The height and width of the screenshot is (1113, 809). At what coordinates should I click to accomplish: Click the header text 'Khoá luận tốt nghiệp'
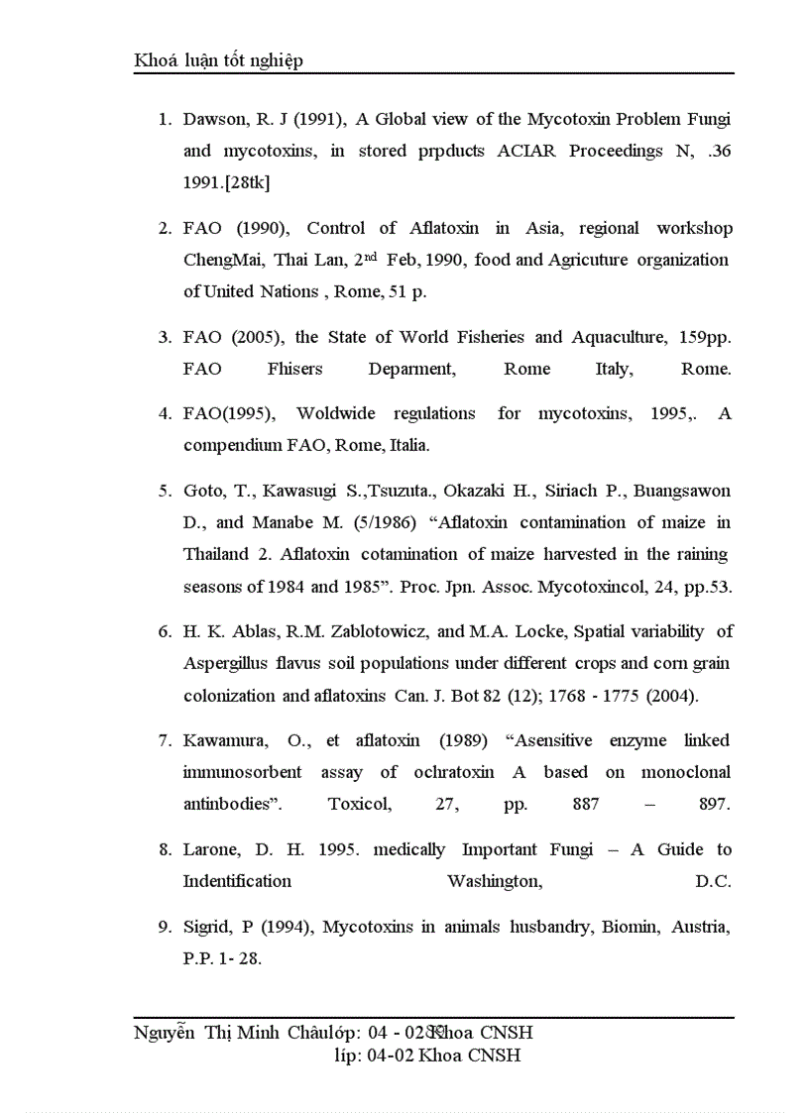point(218,60)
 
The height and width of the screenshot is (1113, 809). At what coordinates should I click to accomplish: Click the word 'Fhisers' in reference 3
point(294,369)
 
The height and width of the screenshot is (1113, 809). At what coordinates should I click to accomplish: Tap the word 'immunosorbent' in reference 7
point(242,772)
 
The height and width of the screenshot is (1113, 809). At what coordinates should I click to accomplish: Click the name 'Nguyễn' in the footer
point(165,1033)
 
